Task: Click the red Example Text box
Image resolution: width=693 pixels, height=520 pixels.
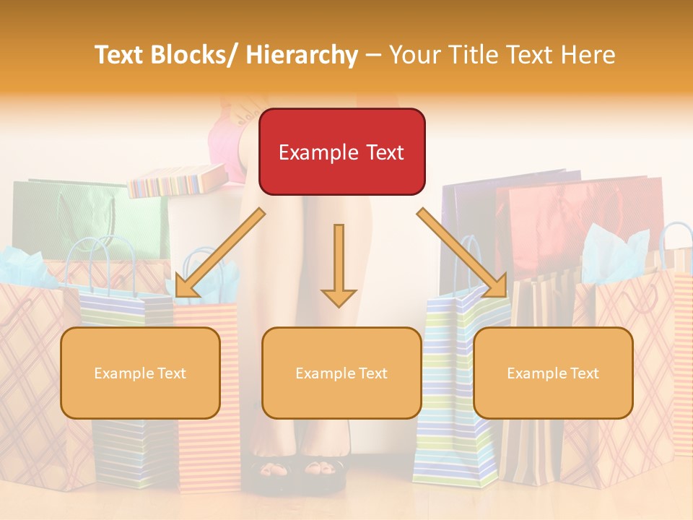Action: click(x=341, y=152)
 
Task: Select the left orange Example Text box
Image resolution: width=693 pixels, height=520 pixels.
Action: click(x=140, y=373)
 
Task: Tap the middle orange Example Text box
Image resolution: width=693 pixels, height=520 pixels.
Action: click(x=341, y=373)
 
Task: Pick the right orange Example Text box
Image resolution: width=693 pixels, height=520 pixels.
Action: click(x=553, y=373)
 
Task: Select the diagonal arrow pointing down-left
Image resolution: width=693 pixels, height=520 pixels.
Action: click(x=219, y=253)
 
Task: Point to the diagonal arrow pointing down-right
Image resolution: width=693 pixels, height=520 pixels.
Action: click(x=462, y=253)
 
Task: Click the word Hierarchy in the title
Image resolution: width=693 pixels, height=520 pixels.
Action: click(x=302, y=56)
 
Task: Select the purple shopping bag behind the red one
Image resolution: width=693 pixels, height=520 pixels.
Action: click(x=469, y=209)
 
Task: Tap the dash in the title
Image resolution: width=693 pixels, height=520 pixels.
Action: click(x=373, y=56)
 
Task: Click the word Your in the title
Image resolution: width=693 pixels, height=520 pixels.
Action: click(x=414, y=56)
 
